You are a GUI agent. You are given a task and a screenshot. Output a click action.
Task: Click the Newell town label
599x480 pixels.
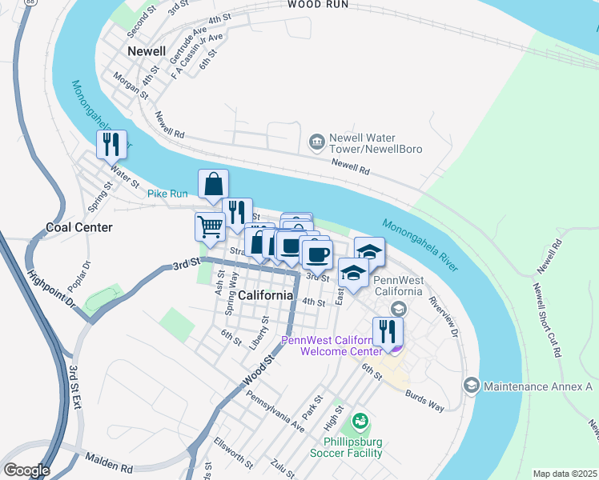(x=147, y=52)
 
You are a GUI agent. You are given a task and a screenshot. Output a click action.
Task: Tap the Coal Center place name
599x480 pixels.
(x=79, y=227)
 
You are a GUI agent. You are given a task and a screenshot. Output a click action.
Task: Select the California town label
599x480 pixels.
(x=265, y=295)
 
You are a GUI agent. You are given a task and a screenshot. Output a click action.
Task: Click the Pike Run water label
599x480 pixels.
(x=167, y=194)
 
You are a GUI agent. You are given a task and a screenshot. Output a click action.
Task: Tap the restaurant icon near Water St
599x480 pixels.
(x=112, y=145)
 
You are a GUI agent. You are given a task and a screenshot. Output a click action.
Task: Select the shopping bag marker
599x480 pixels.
(x=214, y=184)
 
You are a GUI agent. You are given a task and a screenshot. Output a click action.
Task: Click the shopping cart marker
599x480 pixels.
(x=210, y=226)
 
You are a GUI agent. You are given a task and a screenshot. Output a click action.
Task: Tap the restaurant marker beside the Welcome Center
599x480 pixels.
(x=388, y=331)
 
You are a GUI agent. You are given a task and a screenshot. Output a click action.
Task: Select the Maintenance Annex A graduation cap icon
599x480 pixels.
(x=472, y=387)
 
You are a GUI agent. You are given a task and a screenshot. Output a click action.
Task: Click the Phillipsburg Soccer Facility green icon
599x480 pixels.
(x=360, y=420)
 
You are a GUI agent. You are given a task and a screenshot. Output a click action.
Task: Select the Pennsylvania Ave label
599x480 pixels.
(x=275, y=411)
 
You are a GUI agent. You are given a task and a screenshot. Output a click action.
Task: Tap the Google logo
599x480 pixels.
(x=26, y=470)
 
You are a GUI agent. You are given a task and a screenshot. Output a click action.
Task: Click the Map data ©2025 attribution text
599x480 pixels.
(x=564, y=474)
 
